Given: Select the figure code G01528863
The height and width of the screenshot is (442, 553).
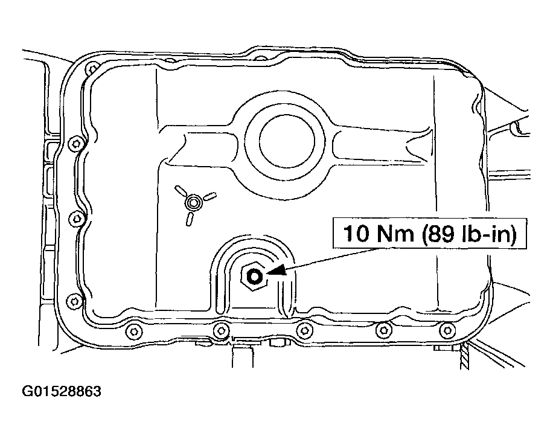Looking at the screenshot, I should [62, 392].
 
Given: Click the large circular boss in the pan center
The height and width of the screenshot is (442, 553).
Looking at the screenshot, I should [287, 139].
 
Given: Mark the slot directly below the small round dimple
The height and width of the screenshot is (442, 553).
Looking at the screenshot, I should [190, 218].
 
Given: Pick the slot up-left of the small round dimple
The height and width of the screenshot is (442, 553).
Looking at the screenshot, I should [180, 190].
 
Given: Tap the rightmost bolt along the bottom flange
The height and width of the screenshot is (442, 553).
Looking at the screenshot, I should [447, 330].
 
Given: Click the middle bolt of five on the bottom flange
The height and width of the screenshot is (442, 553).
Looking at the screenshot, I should [305, 329].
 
